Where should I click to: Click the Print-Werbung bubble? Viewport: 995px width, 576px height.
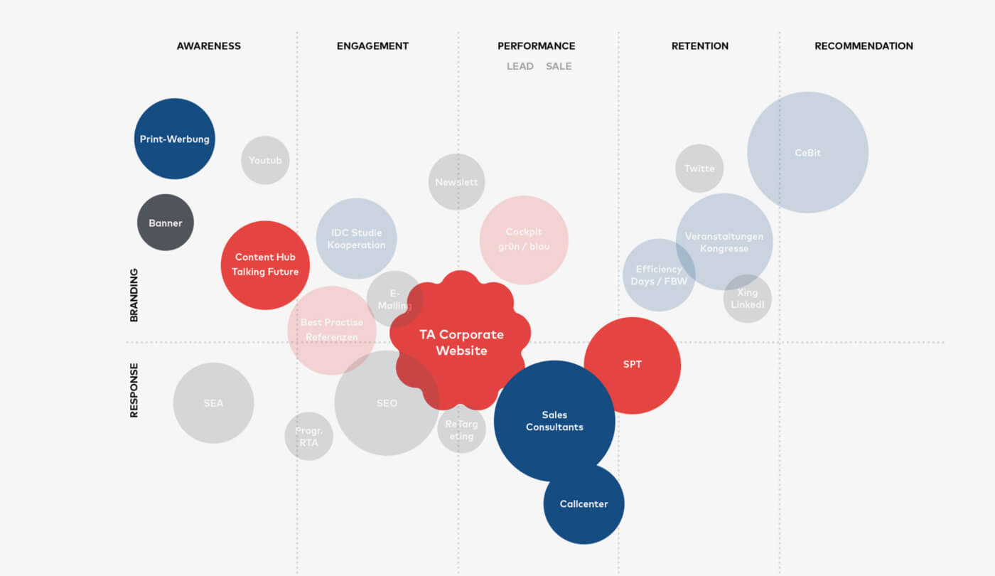click(x=174, y=139)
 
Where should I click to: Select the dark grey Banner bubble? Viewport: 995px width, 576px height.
click(x=165, y=223)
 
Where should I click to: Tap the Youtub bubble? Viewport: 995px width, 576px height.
click(x=265, y=160)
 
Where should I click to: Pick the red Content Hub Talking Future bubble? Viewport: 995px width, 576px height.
click(x=265, y=265)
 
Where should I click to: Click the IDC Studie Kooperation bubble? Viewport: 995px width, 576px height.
click(x=356, y=238)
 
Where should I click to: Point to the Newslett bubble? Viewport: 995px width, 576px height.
click(x=456, y=182)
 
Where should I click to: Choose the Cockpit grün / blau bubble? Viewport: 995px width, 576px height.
click(x=524, y=240)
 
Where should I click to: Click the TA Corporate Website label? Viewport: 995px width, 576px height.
click(x=461, y=342)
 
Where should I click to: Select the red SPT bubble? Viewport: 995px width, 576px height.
click(x=633, y=365)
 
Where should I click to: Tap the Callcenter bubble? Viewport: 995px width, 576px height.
click(x=583, y=503)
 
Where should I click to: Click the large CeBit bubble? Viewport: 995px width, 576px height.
click(x=807, y=152)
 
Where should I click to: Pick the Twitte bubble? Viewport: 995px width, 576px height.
click(x=699, y=169)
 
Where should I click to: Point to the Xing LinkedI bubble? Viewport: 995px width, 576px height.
click(x=747, y=299)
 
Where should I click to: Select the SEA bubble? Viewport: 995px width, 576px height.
click(x=213, y=403)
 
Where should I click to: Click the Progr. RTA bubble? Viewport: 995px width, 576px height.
click(x=308, y=436)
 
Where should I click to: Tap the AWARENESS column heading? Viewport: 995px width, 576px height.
click(x=209, y=46)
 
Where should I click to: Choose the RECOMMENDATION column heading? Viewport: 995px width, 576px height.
click(x=864, y=46)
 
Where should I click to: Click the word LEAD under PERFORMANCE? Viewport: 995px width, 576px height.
click(x=520, y=66)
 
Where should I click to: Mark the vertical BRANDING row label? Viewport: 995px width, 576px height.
click(x=134, y=295)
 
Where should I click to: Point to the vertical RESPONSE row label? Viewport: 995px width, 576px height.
click(x=134, y=390)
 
